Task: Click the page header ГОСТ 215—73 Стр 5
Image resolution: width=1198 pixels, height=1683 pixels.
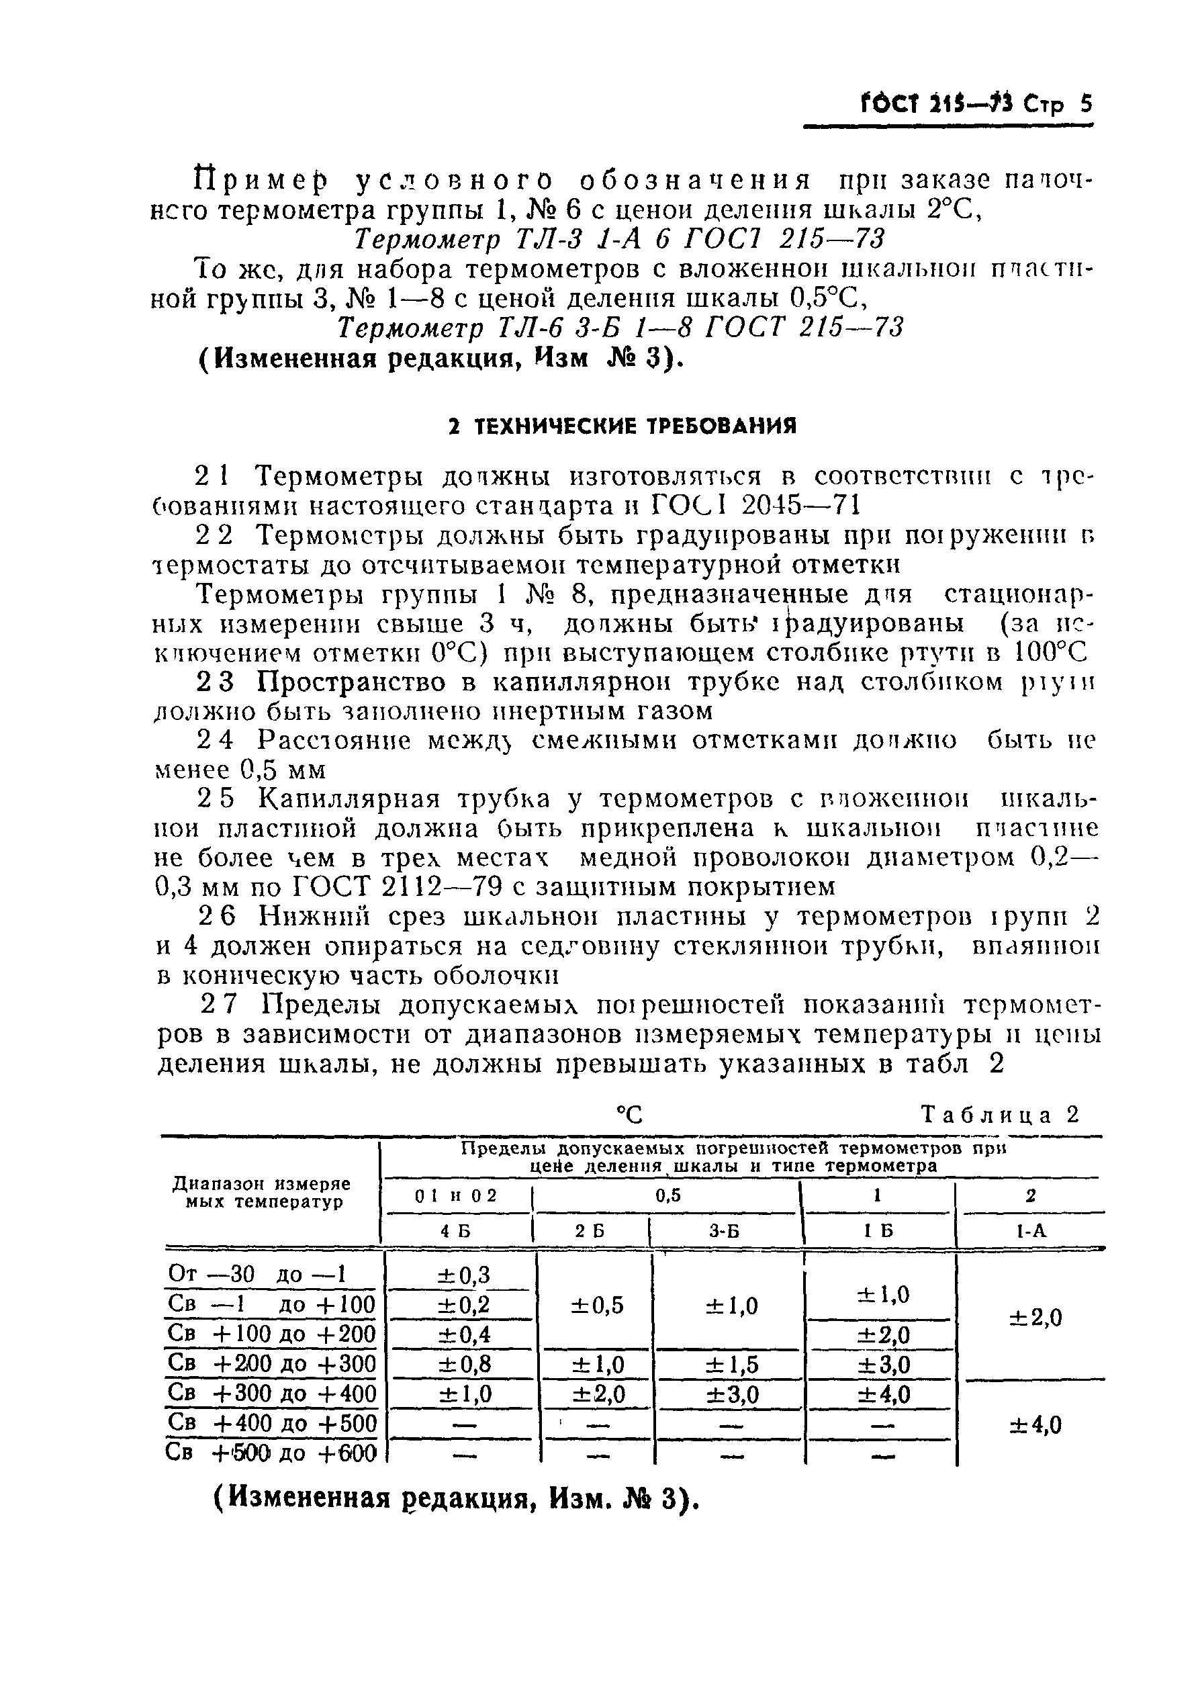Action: click(975, 105)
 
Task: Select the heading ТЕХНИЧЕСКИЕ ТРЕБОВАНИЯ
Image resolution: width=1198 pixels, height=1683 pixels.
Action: click(623, 426)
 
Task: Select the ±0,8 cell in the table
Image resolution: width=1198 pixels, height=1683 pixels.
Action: click(464, 1363)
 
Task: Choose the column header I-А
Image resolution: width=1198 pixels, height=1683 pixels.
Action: click(1031, 1232)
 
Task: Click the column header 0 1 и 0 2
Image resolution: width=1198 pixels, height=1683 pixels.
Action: click(455, 1196)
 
